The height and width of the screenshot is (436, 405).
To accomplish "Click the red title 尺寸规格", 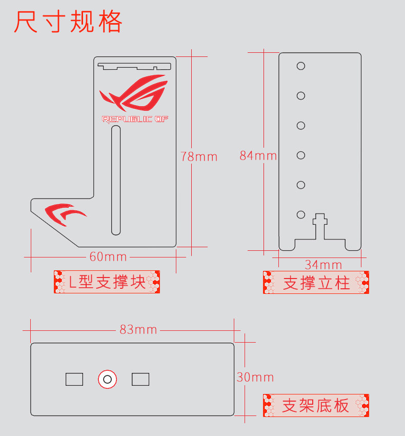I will click(x=68, y=22).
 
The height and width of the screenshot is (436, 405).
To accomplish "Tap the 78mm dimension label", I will click(x=199, y=156).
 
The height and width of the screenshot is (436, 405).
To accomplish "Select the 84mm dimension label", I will click(x=258, y=155).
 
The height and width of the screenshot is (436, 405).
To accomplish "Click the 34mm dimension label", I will click(x=323, y=265).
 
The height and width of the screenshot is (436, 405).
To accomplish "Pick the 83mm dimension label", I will click(x=138, y=329).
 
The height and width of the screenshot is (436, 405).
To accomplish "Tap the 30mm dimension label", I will click(x=255, y=378).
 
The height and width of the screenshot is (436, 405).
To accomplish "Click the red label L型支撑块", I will click(x=107, y=282).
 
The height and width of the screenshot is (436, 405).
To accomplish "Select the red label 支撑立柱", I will click(x=316, y=283).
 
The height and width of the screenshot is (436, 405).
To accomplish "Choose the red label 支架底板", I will click(x=316, y=406).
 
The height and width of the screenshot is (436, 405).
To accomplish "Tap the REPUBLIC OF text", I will click(x=135, y=120).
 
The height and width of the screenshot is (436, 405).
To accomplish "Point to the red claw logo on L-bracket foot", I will click(x=65, y=213).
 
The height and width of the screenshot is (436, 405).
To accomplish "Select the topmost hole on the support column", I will click(x=301, y=66).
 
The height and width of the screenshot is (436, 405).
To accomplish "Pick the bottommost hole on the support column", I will click(x=301, y=214).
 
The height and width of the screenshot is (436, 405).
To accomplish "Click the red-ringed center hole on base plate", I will click(x=107, y=380).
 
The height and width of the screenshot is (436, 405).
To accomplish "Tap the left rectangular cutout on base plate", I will click(x=74, y=380).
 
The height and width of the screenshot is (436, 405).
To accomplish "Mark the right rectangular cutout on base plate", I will click(x=140, y=380).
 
